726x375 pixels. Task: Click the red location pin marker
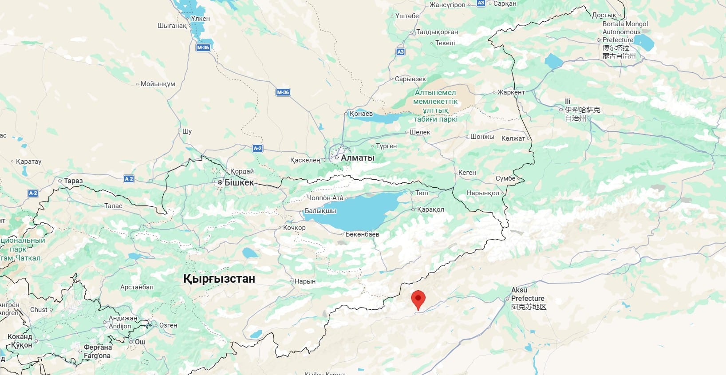click(418, 299)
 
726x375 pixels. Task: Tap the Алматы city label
click(357, 158)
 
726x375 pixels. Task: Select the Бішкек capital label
click(239, 182)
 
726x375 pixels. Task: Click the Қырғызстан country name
click(219, 279)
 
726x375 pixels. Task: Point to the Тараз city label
click(73, 181)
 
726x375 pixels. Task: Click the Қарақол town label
click(430, 209)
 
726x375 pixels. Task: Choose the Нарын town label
click(305, 281)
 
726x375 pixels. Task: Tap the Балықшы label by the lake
click(320, 211)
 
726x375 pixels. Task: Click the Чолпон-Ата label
click(325, 198)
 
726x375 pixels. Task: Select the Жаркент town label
click(511, 92)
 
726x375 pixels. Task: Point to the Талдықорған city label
click(437, 32)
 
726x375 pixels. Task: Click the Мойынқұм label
click(158, 84)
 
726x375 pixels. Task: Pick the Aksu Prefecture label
click(528, 298)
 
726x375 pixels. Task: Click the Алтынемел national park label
click(435, 106)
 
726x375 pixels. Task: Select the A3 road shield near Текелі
click(400, 52)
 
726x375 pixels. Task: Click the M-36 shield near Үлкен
click(203, 47)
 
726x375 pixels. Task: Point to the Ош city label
click(140, 342)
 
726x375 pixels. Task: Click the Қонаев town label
click(361, 114)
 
